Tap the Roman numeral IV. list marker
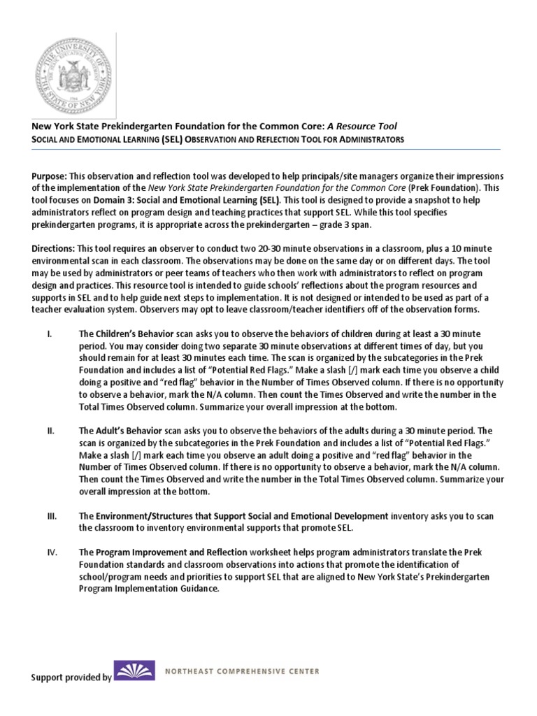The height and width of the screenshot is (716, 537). (51, 552)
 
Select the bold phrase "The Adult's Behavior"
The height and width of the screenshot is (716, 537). (118, 431)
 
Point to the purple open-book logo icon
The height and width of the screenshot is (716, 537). (134, 673)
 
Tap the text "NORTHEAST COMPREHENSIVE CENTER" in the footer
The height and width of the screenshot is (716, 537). (242, 671)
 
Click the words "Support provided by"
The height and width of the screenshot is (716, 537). (71, 678)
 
